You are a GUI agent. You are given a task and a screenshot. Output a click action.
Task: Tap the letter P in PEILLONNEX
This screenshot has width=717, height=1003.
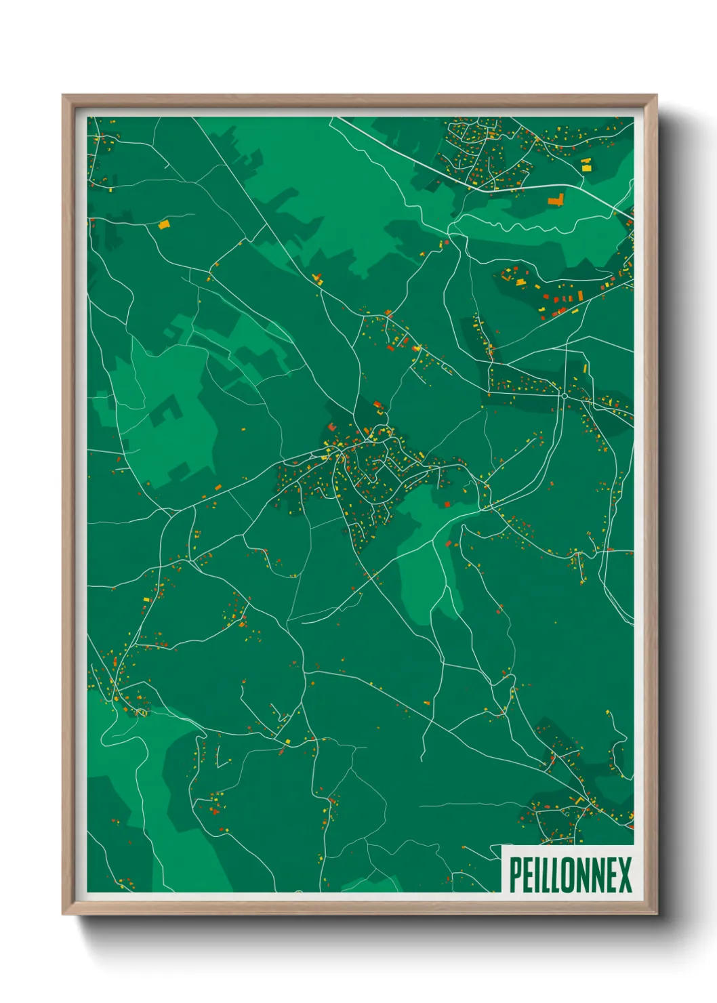514,875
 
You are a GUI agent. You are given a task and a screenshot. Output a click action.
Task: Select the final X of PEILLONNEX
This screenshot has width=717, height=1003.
624,875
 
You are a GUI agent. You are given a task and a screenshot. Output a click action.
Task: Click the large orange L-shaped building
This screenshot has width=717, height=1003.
556,199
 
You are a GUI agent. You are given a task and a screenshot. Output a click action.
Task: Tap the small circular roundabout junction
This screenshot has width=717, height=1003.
563,395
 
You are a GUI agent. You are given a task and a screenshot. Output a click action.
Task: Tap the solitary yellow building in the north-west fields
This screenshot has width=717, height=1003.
163,224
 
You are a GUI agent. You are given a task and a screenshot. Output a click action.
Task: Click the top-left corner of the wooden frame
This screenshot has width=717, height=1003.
63,96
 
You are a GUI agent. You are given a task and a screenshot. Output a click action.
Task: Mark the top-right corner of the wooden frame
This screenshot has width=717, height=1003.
656,96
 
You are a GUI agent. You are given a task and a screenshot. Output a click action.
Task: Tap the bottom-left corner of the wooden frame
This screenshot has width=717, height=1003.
63,914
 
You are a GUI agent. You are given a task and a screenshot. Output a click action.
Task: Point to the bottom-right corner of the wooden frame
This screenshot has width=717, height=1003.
656,914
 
